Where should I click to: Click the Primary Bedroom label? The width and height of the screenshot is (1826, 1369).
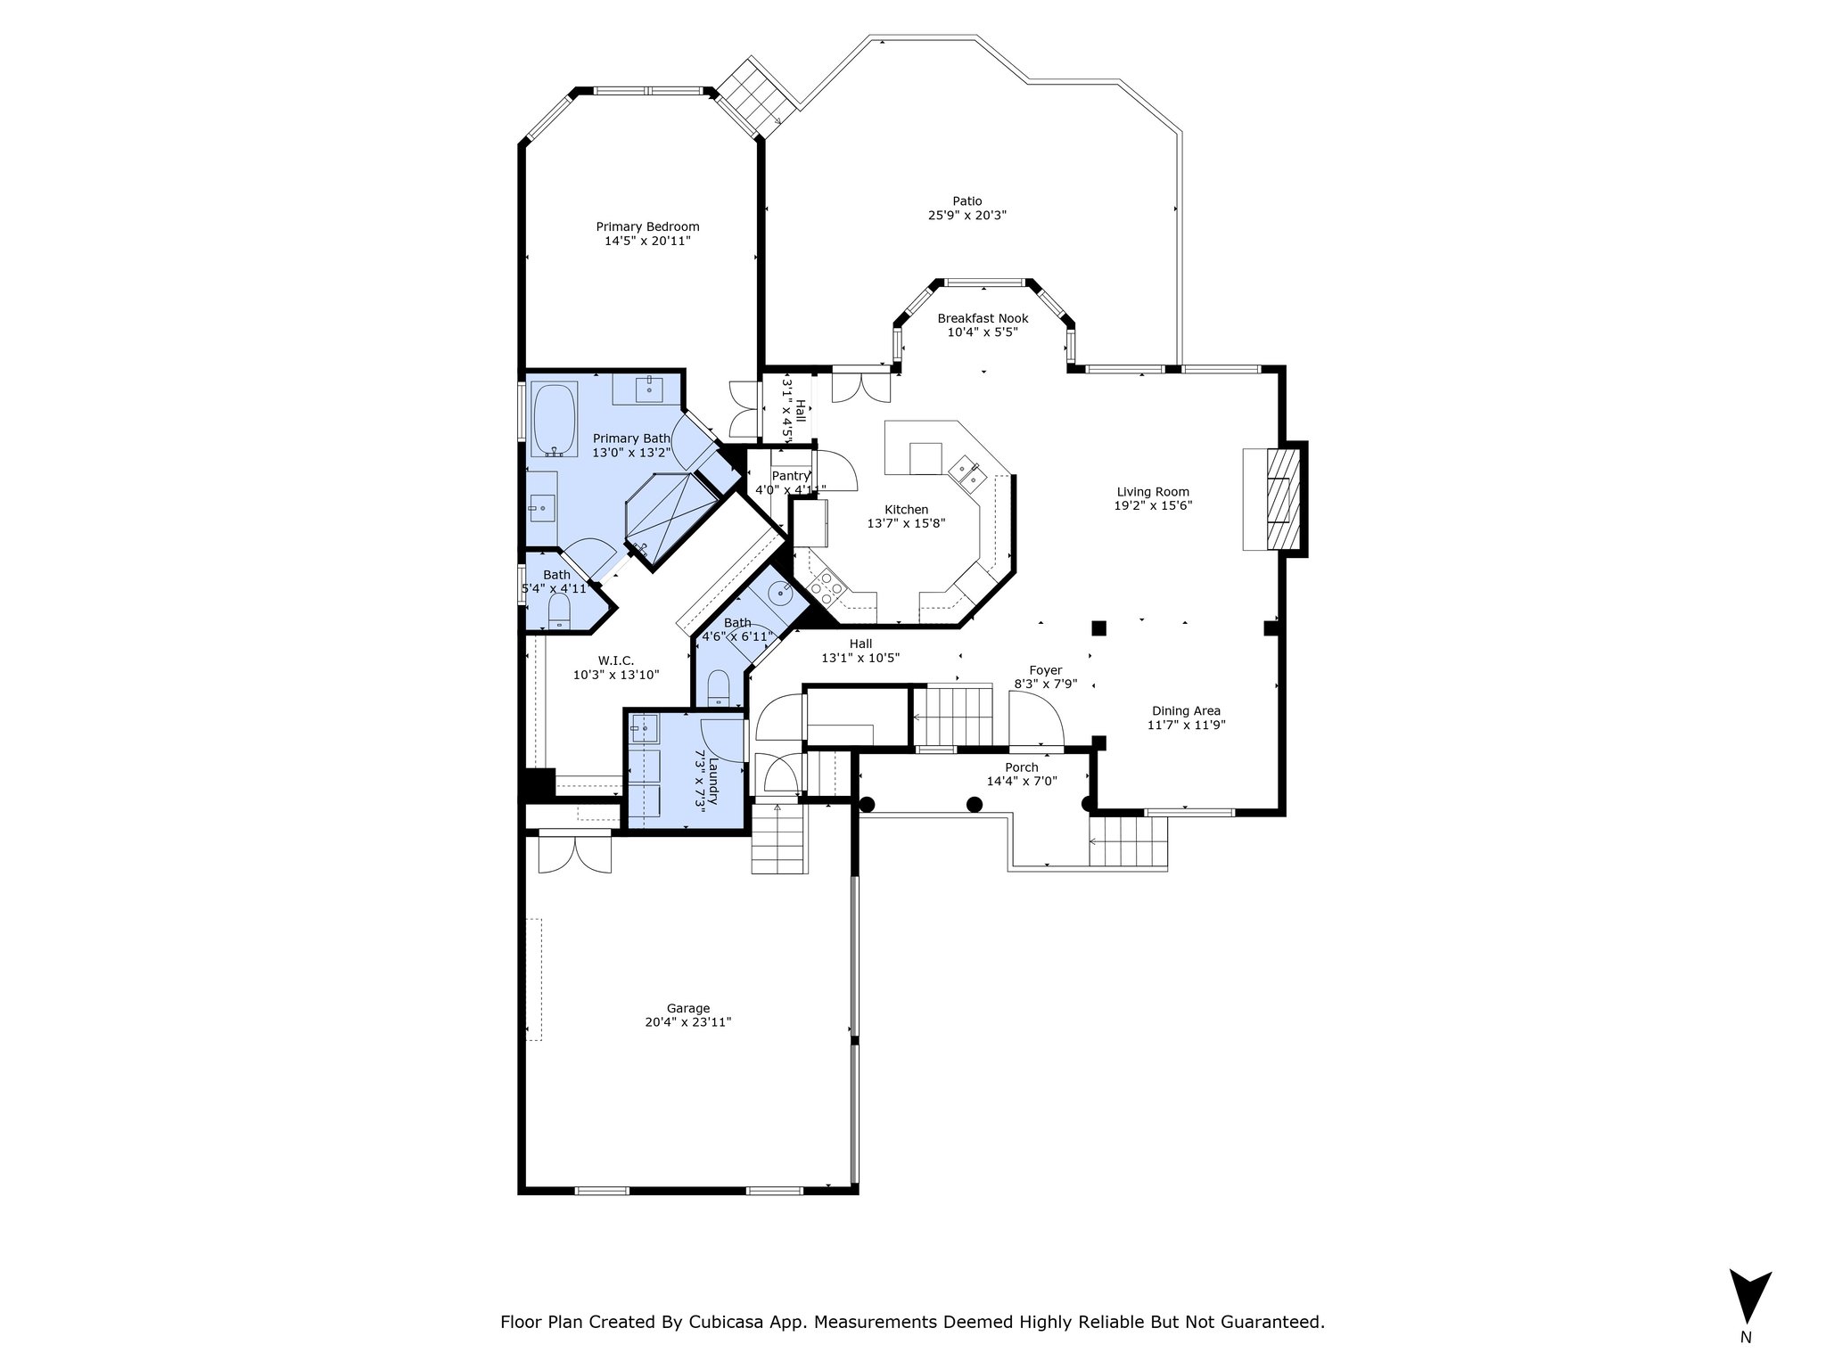647,226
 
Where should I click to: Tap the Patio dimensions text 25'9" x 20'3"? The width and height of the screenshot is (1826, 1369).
967,215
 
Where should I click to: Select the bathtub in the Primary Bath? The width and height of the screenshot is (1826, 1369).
555,420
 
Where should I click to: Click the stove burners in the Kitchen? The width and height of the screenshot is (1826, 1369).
827,589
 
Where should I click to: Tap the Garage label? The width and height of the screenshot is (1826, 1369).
688,1008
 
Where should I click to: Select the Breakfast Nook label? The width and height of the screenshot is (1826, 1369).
983,318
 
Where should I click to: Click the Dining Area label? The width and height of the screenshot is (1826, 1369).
1186,710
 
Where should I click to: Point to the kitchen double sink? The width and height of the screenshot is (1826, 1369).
966,471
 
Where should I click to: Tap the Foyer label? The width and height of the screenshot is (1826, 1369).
1045,670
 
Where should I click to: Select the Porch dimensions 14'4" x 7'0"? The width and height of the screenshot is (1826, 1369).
1022,782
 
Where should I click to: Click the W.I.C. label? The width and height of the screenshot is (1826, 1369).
616,660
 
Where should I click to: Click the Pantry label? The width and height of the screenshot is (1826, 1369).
791,476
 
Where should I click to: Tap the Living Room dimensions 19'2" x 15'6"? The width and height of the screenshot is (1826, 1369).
1154,505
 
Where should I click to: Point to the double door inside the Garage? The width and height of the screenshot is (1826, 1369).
575,852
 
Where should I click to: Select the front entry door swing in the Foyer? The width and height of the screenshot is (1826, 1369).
1036,717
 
